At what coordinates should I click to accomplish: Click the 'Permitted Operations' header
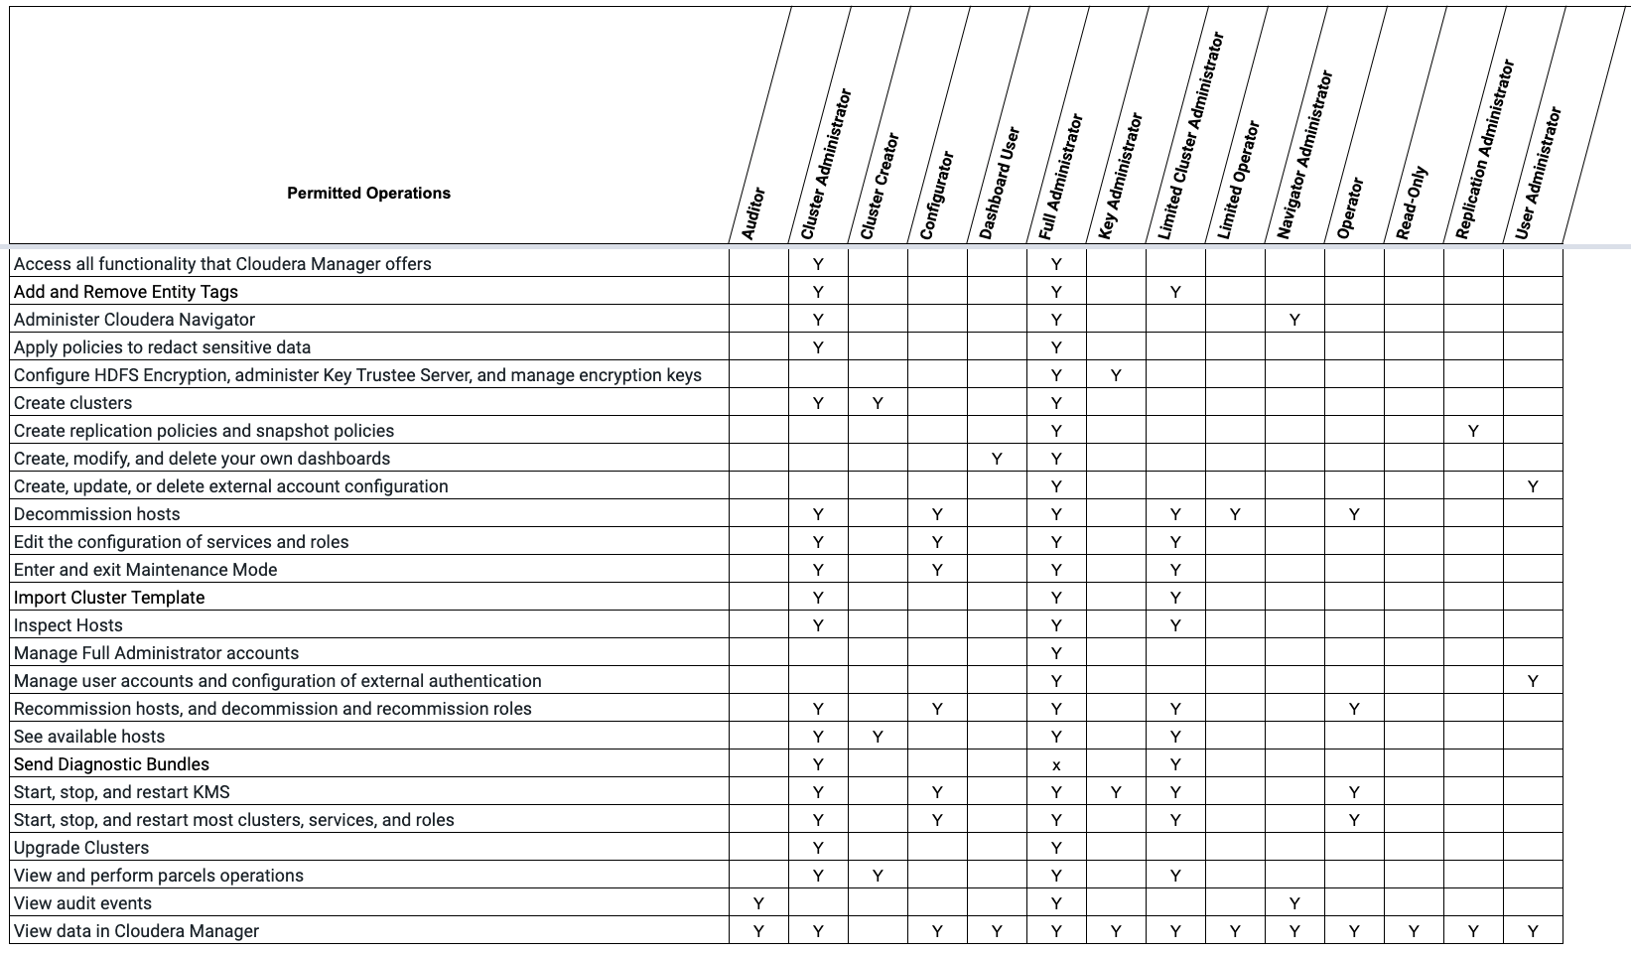[x=368, y=193]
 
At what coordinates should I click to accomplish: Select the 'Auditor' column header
[x=754, y=212]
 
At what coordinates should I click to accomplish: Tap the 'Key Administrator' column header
[x=1121, y=176]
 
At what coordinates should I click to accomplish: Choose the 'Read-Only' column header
[x=1412, y=203]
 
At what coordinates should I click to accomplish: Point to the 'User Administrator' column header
[x=1539, y=173]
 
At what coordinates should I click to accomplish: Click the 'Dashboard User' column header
[x=1000, y=183]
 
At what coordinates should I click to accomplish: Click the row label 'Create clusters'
[x=72, y=403]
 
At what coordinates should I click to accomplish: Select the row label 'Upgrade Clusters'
[x=81, y=848]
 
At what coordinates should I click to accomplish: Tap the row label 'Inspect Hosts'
[x=68, y=625]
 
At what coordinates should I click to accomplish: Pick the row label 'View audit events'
[x=82, y=903]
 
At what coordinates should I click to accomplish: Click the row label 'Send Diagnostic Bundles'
[x=111, y=764]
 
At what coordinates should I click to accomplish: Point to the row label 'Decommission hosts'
[x=97, y=514]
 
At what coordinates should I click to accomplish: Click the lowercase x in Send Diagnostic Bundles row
[x=1056, y=765]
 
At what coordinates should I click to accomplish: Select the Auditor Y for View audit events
[x=758, y=903]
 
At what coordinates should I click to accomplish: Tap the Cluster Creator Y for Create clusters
[x=878, y=403]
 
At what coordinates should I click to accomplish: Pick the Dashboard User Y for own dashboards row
[x=997, y=459]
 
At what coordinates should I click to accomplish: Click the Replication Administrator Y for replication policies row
[x=1473, y=431]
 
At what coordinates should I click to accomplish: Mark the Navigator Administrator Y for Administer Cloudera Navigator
[x=1294, y=320]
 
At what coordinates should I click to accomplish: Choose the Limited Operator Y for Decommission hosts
[x=1235, y=514]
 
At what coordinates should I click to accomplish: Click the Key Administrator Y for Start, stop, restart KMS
[x=1116, y=792]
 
